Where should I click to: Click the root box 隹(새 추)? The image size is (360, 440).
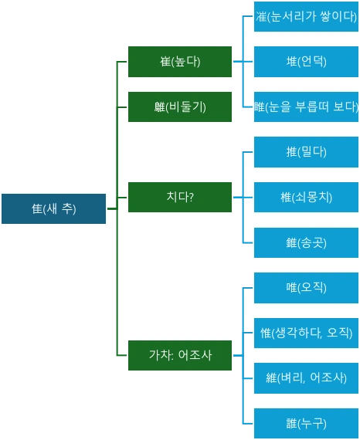[53, 209]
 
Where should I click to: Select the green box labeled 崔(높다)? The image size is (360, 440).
[180, 62]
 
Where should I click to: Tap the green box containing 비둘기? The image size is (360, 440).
[180, 107]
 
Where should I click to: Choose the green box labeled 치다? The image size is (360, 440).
[180, 197]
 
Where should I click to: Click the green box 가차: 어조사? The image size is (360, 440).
[180, 355]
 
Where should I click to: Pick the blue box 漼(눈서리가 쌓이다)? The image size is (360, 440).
[306, 17]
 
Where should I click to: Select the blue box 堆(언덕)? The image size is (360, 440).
[306, 62]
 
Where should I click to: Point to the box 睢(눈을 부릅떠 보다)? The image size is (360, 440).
[306, 107]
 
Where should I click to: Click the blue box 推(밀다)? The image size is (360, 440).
[306, 152]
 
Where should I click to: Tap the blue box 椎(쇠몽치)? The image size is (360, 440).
[306, 197]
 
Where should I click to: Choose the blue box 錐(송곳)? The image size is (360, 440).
[306, 242]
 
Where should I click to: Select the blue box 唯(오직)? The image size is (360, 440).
[306, 287]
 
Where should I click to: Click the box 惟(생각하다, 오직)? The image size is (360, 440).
[306, 333]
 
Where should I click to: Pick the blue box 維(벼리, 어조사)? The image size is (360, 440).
[306, 377]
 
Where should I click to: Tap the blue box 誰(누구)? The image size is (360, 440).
[306, 423]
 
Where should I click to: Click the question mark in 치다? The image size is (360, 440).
[191, 197]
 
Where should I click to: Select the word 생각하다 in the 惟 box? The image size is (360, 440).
[297, 333]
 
